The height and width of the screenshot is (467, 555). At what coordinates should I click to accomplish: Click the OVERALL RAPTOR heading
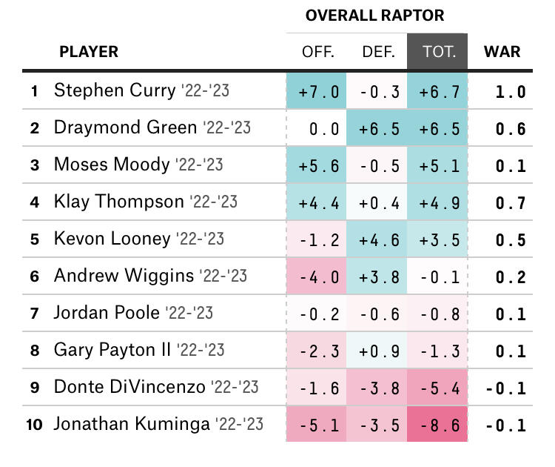pos(374,16)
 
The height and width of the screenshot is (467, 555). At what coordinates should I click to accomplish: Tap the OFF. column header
pos(318,53)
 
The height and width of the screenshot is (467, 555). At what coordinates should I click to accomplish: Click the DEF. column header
pos(378,53)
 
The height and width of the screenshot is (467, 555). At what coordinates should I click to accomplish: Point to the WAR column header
pos(502,53)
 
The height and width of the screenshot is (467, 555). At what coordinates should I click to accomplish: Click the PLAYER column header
pos(89,53)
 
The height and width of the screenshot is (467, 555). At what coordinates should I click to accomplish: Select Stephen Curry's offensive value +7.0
pos(319,92)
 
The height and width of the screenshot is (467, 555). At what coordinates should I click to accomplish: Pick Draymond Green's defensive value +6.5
pos(379,129)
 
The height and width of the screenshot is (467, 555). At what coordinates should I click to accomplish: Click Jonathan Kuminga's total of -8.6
pos(439,425)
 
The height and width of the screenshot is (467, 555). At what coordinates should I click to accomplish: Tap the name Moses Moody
pos(112,165)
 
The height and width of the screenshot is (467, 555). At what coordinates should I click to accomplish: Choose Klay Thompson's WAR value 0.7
pos(511,203)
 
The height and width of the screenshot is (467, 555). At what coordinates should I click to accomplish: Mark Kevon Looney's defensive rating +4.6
pos(379,240)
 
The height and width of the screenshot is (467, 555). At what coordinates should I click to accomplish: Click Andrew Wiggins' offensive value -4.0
pos(319,277)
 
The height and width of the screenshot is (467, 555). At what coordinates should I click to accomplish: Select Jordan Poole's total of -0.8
pos(439,314)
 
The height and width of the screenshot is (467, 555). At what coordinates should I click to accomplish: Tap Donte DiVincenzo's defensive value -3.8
pos(379,388)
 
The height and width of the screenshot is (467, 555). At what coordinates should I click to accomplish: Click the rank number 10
pos(34,425)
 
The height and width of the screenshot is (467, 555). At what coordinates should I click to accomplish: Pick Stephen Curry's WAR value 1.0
pos(511,92)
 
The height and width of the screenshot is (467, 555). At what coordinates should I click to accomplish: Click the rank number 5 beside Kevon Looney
pos(34,239)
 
